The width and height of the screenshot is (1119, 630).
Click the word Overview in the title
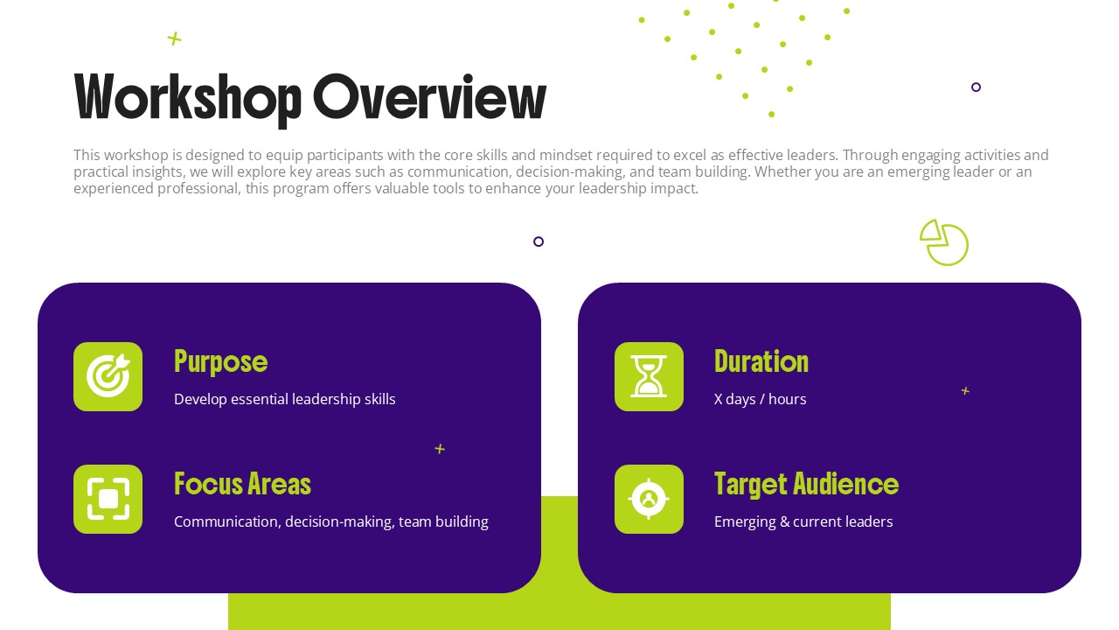click(x=429, y=97)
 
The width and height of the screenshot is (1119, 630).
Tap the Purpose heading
click(x=220, y=361)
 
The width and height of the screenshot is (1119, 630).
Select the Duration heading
click(x=761, y=361)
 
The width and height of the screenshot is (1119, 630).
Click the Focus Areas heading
click(x=242, y=484)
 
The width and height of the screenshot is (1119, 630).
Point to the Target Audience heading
click(x=806, y=484)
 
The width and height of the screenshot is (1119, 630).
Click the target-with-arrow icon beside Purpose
click(x=108, y=376)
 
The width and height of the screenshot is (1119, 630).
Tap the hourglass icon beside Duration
click(x=649, y=376)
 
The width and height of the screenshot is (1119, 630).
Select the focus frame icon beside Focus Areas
click(x=108, y=499)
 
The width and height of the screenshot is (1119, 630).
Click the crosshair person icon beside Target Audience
click(x=649, y=499)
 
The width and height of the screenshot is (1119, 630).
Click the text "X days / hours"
click(x=760, y=399)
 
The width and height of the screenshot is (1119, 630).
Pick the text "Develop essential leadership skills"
click(x=284, y=399)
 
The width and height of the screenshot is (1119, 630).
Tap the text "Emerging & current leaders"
click(x=803, y=521)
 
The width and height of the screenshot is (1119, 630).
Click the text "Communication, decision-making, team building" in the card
click(x=330, y=521)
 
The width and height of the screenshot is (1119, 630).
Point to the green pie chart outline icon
click(x=944, y=242)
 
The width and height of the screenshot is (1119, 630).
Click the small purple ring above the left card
click(x=539, y=241)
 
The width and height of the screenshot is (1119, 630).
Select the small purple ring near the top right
click(x=976, y=87)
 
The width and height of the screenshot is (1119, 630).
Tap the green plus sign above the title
click(x=175, y=38)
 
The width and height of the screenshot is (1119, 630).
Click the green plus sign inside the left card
click(x=440, y=449)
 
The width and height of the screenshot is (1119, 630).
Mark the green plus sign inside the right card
click(x=965, y=391)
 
